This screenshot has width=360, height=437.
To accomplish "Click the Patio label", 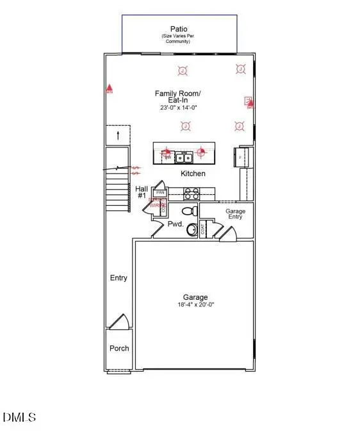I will [x=179, y=29].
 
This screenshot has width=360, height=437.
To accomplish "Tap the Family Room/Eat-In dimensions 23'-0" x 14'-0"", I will [x=179, y=108].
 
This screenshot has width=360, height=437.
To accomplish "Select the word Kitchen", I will [x=193, y=174].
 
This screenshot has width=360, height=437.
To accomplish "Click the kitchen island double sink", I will [x=184, y=156].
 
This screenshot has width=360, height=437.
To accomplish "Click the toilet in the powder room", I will [x=190, y=210].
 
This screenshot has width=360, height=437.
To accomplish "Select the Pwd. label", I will [x=176, y=224].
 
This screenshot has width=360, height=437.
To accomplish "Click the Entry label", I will [x=119, y=278].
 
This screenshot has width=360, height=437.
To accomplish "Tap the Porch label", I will [x=119, y=348].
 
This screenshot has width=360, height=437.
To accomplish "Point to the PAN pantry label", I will [x=160, y=192].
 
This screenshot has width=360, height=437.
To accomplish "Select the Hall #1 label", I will [x=142, y=192].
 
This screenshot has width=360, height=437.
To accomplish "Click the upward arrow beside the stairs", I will [x=118, y=135].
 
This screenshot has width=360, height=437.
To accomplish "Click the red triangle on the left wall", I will [x=110, y=87].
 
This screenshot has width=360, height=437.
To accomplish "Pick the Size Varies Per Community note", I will [x=179, y=39].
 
